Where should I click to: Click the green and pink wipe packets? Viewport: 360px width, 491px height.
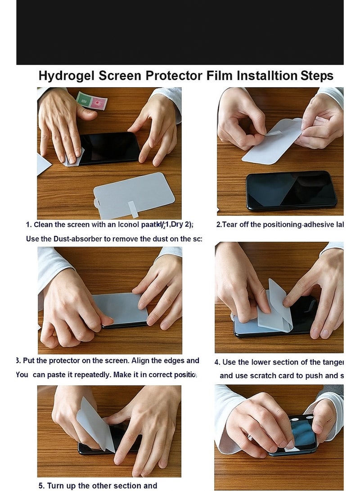91,101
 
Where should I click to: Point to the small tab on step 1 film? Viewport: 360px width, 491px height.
134,209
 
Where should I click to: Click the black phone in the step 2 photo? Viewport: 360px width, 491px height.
291,189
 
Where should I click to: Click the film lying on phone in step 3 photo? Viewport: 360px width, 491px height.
120,308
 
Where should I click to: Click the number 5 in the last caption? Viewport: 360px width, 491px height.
41,486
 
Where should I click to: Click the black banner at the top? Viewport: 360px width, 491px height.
180,32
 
